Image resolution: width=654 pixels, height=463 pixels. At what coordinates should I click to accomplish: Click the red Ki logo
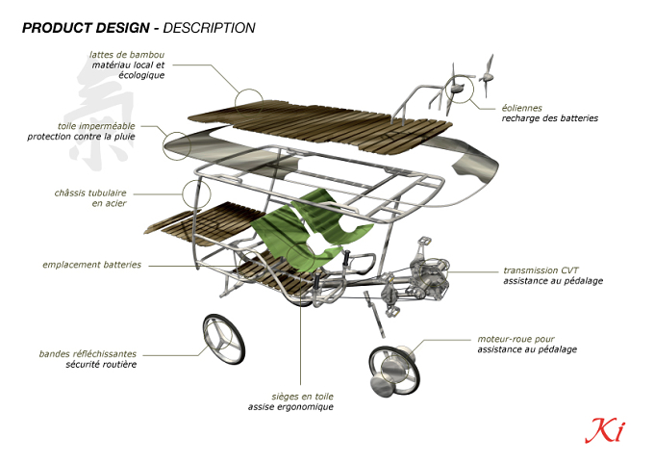coord(605,430)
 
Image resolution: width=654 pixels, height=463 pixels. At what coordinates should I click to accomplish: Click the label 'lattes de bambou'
coord(127,55)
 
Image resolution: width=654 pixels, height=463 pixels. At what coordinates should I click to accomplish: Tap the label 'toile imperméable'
coord(96,126)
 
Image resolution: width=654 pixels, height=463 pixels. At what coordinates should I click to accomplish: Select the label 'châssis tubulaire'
coord(90,193)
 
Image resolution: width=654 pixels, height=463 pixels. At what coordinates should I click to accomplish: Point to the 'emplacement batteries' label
coord(91,265)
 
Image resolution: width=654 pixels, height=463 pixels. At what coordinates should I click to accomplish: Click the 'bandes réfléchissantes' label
coord(88,354)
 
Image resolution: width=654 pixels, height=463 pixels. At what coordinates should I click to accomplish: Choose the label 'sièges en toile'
coord(302,397)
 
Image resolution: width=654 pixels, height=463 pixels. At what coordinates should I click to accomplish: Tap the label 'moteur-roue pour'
coord(516,339)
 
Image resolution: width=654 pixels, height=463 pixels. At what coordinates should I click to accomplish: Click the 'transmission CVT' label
coord(541,270)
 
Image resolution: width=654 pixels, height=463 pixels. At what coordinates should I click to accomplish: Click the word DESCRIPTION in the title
coord(209,28)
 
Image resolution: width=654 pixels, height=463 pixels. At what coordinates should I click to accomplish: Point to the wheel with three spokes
coord(224,339)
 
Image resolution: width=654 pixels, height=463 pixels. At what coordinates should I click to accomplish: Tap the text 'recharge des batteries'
coord(550,118)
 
